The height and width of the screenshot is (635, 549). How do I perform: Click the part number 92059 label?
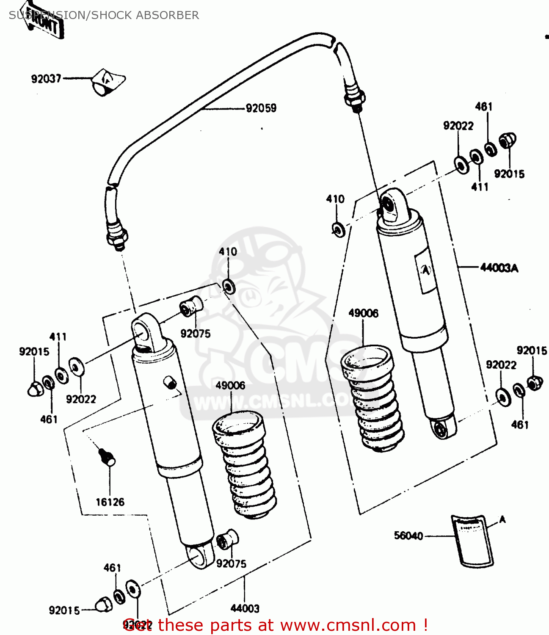[x=261, y=108]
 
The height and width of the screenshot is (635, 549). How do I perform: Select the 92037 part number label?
[x=46, y=79]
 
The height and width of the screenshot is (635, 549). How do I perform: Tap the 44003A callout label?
[x=499, y=268]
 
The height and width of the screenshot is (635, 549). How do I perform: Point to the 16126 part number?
[x=110, y=502]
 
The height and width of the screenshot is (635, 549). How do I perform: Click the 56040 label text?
[x=408, y=536]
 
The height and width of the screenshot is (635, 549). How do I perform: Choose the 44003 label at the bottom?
[x=245, y=608]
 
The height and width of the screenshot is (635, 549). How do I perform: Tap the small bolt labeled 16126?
[x=107, y=457]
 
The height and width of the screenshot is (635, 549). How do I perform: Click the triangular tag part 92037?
[x=108, y=80]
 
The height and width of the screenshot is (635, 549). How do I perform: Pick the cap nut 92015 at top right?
[x=507, y=140]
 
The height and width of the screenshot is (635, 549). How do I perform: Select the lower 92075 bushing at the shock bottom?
[x=226, y=540]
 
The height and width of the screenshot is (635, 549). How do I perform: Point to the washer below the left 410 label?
[x=229, y=287]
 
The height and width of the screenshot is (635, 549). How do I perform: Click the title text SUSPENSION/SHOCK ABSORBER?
[x=104, y=15]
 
